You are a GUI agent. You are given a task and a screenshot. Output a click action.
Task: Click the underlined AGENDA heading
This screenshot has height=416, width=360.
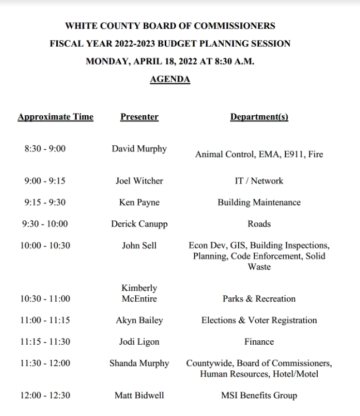(170, 80)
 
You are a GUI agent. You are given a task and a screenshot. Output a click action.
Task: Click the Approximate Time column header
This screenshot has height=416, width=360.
(56, 117)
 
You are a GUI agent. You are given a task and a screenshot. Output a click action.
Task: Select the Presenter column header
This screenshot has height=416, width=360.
(139, 117)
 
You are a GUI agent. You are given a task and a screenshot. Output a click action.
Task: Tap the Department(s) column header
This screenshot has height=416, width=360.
(259, 117)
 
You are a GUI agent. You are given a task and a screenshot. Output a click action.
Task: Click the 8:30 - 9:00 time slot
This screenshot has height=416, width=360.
(45, 149)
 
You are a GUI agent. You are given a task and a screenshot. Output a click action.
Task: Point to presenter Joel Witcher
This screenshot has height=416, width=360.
(139, 181)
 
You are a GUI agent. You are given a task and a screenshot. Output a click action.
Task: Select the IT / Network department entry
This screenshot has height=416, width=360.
(259, 181)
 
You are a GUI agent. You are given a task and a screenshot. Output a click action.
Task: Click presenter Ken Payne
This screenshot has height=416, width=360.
(139, 203)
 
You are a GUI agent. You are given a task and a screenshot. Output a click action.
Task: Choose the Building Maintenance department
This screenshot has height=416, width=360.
(259, 203)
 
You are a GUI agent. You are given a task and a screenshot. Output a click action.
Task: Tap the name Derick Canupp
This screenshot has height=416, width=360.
(139, 224)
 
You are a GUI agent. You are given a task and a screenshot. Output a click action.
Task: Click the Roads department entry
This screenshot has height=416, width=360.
(259, 224)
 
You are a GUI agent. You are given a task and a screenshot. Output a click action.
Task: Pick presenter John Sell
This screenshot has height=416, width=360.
(139, 245)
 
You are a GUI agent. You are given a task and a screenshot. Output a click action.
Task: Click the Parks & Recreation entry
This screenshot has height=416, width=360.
(259, 298)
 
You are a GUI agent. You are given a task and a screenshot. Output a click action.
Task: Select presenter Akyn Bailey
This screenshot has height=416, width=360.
(139, 320)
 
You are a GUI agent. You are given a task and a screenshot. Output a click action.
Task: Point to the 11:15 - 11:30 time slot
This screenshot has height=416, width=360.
(45, 341)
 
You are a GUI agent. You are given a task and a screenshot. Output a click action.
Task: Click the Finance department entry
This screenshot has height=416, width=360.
(259, 341)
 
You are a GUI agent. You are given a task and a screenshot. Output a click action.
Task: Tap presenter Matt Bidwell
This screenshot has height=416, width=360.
(139, 395)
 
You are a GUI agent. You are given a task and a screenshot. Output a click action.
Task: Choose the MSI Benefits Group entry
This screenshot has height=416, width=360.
(259, 395)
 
